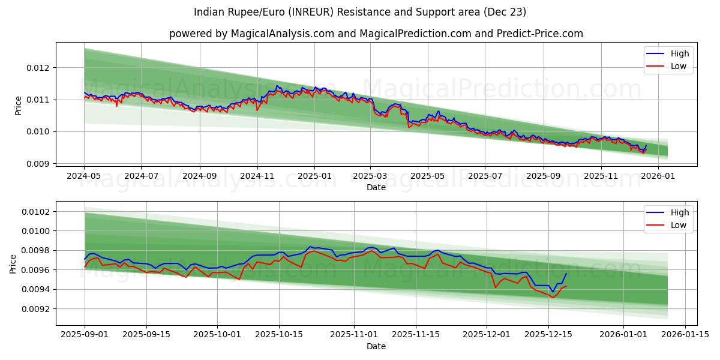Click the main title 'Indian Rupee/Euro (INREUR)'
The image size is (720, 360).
pyautogui.click(x=360, y=12)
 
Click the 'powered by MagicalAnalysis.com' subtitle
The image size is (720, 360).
pyautogui.click(x=376, y=34)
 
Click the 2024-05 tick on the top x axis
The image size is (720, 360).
pyautogui.click(x=84, y=176)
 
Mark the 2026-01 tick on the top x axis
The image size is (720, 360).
pyautogui.click(x=658, y=176)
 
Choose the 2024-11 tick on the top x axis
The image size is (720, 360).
pyautogui.click(x=257, y=176)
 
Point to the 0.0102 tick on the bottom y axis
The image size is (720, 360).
pyautogui.click(x=37, y=212)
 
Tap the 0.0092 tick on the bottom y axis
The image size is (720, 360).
pyautogui.click(x=37, y=309)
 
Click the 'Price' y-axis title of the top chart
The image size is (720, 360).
pyautogui.click(x=18, y=105)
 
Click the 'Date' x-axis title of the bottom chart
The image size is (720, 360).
pyautogui.click(x=376, y=346)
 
